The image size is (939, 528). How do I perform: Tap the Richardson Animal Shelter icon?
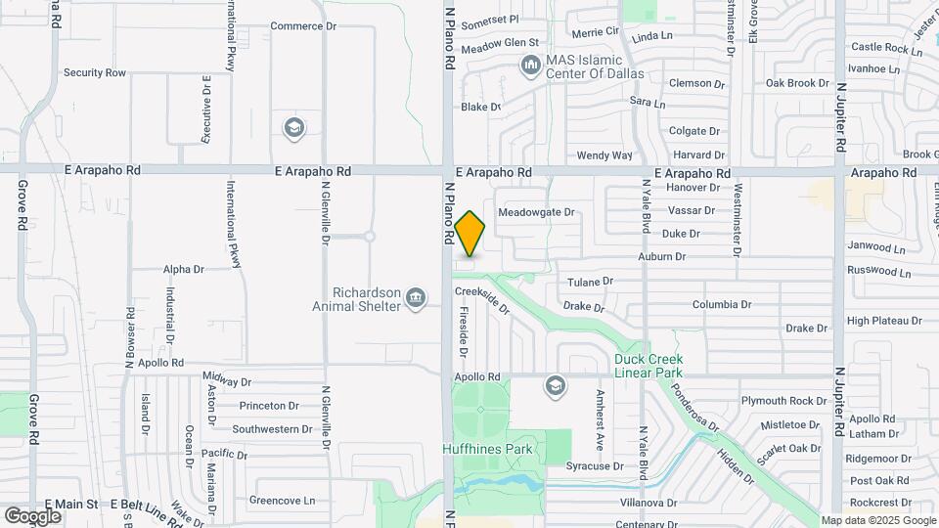(416, 296)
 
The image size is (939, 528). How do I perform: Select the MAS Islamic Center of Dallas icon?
(531, 66)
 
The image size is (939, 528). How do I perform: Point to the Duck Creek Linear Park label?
(648, 366)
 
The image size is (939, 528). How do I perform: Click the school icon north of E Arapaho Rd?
(292, 128)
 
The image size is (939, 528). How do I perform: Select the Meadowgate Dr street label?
(536, 211)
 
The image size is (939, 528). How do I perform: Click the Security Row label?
(95, 72)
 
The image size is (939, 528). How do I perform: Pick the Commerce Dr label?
(302, 26)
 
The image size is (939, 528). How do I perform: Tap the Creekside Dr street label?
(482, 297)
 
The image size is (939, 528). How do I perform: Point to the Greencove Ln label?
(283, 501)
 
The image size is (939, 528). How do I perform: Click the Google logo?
(32, 516)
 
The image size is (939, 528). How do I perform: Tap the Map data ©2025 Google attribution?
(876, 520)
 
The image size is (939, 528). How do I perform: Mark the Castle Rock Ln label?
(880, 47)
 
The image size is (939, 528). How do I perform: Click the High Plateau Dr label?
(884, 320)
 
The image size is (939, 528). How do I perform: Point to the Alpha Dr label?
(183, 269)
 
